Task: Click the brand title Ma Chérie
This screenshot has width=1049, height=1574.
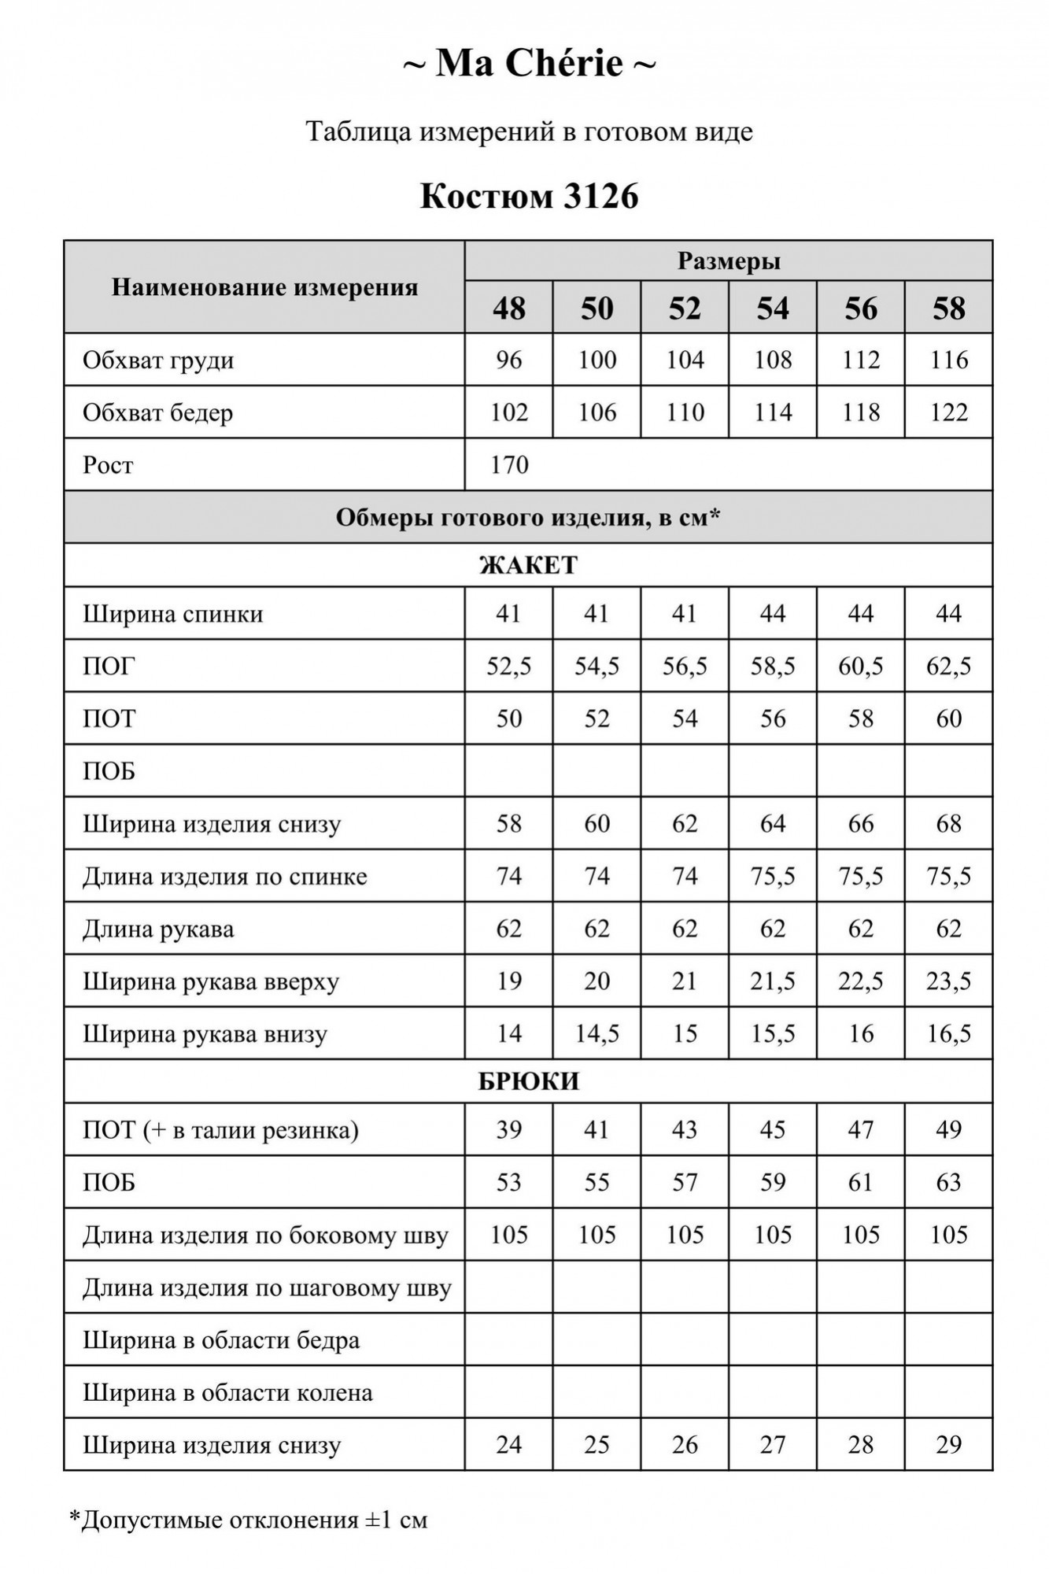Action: point(529,64)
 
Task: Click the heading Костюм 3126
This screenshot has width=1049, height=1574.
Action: point(529,197)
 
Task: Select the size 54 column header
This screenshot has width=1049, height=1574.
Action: point(773,309)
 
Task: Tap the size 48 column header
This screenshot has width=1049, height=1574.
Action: point(509,309)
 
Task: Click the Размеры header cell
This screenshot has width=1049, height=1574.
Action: point(729,261)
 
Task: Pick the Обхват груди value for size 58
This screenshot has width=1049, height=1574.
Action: point(949,360)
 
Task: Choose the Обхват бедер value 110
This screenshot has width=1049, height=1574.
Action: point(685,412)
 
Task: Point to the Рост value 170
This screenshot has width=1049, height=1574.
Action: point(509,465)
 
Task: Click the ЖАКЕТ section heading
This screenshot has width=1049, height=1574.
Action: point(528,565)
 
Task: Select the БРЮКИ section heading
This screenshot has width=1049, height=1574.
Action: point(528,1081)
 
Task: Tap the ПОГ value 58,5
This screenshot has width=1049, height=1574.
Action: point(773,667)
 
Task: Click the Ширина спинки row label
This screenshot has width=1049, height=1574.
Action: point(173,614)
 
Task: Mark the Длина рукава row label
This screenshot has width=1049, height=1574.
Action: point(158,929)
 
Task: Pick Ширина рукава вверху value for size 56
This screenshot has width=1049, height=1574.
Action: point(861,981)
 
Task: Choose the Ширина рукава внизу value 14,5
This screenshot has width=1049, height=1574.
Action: point(597,1034)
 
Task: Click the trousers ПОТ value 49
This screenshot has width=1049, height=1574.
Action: point(949,1130)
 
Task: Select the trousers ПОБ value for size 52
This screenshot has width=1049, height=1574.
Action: point(685,1183)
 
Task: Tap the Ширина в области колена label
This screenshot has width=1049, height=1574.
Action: point(227,1393)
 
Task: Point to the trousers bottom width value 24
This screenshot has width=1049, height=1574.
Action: point(509,1445)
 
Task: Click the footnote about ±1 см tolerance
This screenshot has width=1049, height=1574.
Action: point(249,1520)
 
